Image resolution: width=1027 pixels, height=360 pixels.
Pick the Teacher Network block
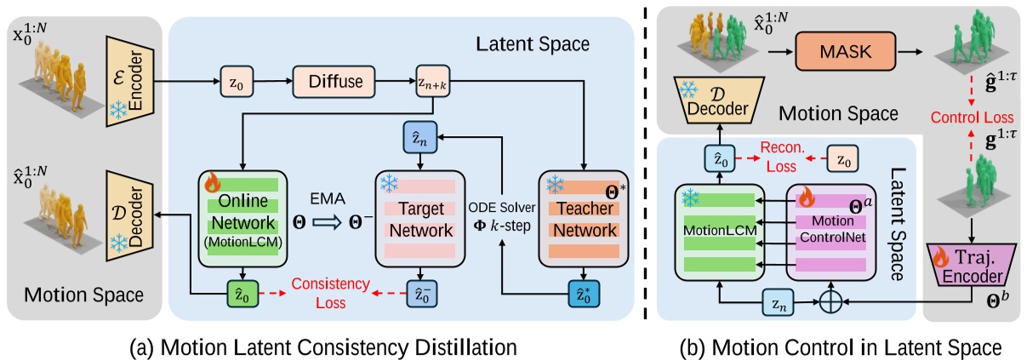pyautogui.click(x=581, y=219)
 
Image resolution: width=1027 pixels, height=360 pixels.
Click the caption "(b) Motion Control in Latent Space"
pyautogui.click(x=838, y=346)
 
